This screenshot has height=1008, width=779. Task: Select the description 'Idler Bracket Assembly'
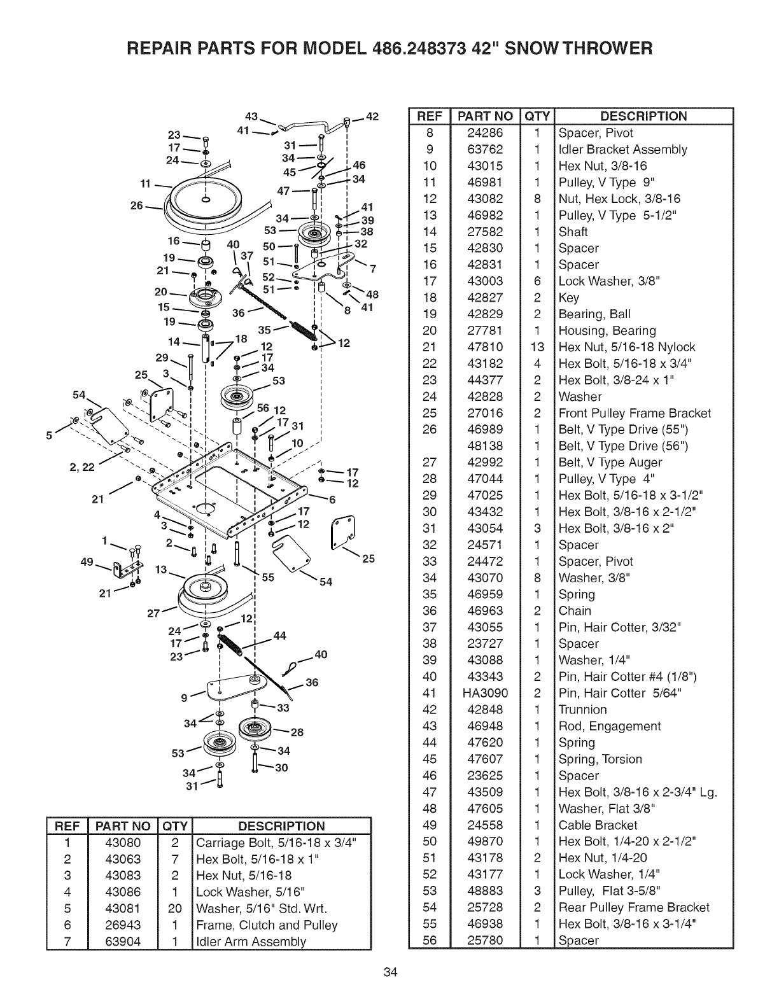tap(622, 150)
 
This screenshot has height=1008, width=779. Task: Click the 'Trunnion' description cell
tap(582, 710)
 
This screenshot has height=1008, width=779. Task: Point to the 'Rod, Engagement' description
tap(609, 726)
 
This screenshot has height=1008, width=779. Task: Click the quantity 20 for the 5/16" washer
tap(175, 908)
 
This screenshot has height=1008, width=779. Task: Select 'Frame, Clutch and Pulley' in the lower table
tap(266, 925)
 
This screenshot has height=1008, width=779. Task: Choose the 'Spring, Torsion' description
tap(600, 759)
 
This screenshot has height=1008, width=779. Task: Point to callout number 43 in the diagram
tap(251, 117)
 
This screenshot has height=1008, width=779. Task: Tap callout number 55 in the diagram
tap(267, 578)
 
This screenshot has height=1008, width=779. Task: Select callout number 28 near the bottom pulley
tap(297, 732)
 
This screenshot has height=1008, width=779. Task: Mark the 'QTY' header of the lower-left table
tap(175, 826)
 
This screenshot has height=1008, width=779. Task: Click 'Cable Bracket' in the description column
tap(598, 825)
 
